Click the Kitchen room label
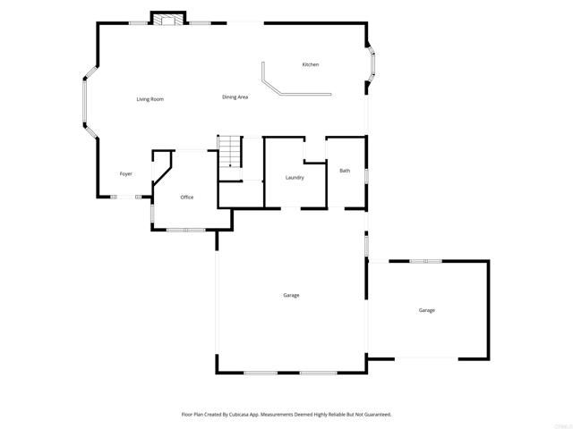click(311, 64)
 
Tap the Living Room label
click(150, 98)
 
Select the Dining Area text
click(235, 97)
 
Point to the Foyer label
click(126, 173)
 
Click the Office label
click(187, 197)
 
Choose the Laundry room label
click(295, 178)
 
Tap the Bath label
click(345, 171)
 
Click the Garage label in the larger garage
click(291, 295)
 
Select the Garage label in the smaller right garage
click(427, 310)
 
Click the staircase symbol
click(231, 151)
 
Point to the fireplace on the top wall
click(167, 18)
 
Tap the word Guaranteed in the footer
click(374, 415)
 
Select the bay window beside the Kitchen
click(373, 65)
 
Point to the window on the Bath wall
click(366, 172)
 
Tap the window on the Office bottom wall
click(186, 230)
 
